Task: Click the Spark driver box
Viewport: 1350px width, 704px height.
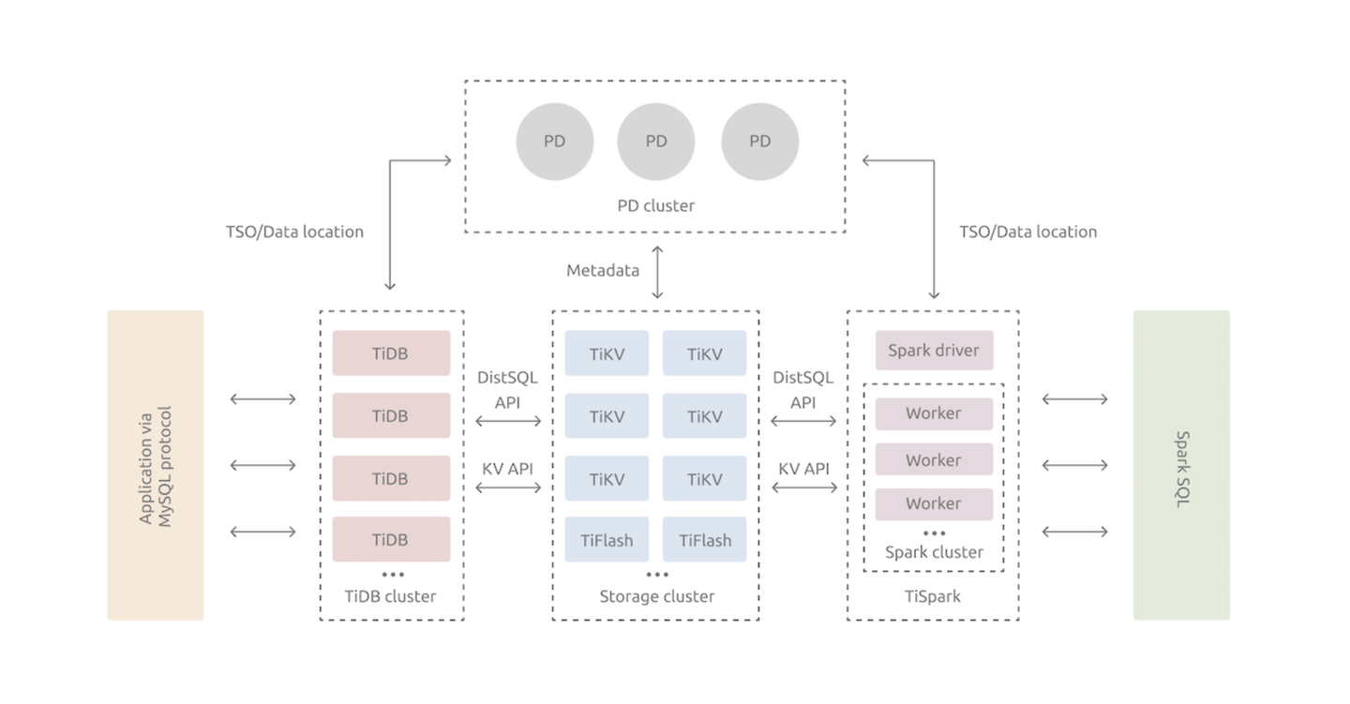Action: pyautogui.click(x=934, y=351)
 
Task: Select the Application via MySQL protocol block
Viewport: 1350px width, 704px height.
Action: pyautogui.click(x=156, y=465)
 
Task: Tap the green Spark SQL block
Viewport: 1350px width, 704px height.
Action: pyautogui.click(x=1181, y=465)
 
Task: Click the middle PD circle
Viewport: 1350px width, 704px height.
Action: pyautogui.click(x=656, y=142)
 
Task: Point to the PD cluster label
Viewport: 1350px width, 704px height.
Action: pyautogui.click(x=656, y=205)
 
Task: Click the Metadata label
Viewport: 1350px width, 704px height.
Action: pyautogui.click(x=603, y=271)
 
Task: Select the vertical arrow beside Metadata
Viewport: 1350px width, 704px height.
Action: pyautogui.click(x=657, y=272)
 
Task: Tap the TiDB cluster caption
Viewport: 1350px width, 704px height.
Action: pyautogui.click(x=390, y=596)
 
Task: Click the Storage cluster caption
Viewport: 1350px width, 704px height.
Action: pyautogui.click(x=656, y=596)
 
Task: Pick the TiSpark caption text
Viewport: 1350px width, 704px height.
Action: pyautogui.click(x=933, y=596)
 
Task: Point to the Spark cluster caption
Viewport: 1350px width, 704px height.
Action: pyautogui.click(x=934, y=552)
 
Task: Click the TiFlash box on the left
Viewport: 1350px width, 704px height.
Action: pyautogui.click(x=606, y=540)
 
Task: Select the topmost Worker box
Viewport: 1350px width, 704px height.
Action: pyautogui.click(x=934, y=413)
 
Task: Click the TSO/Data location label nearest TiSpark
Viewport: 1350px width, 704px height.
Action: pyautogui.click(x=1027, y=232)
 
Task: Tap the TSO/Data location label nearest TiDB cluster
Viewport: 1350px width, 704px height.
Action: pyautogui.click(x=294, y=232)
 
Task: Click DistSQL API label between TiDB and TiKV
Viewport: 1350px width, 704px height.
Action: pyautogui.click(x=508, y=389)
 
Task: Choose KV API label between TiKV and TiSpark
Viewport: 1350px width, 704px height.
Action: pyautogui.click(x=803, y=469)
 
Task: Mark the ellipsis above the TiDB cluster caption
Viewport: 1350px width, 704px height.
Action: pyautogui.click(x=393, y=575)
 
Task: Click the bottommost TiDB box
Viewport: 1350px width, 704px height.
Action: pyautogui.click(x=391, y=540)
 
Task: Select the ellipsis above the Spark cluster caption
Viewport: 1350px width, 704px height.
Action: pyautogui.click(x=934, y=533)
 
